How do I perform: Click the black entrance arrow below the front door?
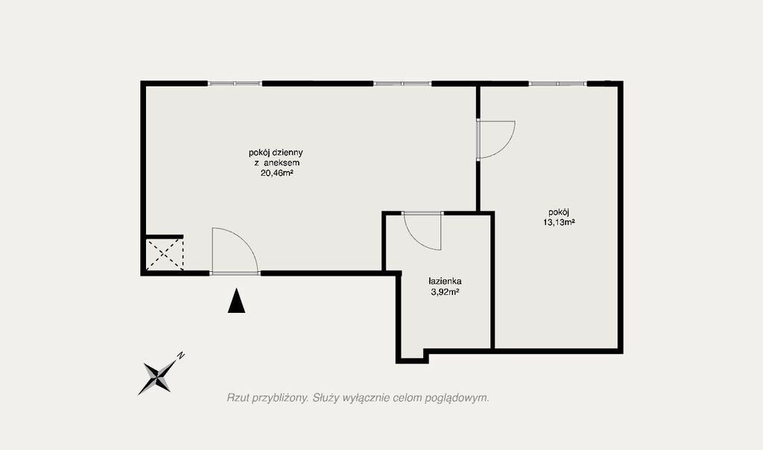(x=236, y=301)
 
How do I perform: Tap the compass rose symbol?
(x=157, y=377)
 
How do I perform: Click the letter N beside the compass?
(x=180, y=355)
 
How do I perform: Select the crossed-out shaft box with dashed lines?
(x=165, y=253)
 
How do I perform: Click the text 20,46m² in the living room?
(x=276, y=173)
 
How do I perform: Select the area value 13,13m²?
(x=559, y=223)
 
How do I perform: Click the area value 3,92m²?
(x=446, y=292)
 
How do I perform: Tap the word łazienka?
(x=445, y=281)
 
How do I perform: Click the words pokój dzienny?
(x=276, y=153)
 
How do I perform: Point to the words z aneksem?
(x=276, y=163)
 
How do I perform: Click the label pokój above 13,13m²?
(x=559, y=212)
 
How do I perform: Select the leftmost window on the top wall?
(x=235, y=83)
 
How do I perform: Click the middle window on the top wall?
(x=402, y=83)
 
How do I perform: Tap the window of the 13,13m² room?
(x=557, y=83)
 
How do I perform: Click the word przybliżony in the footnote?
(x=279, y=399)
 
